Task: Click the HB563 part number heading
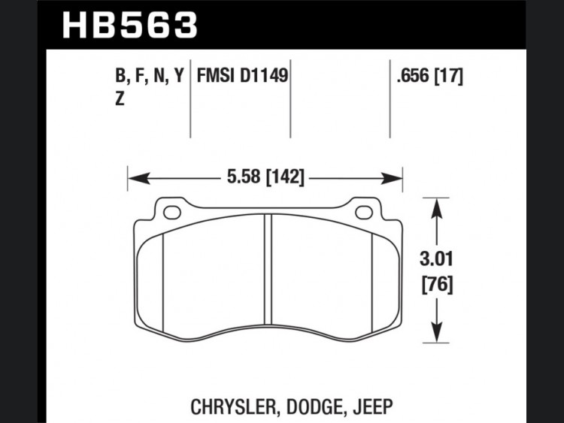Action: (x=130, y=25)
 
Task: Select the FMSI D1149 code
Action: (x=242, y=76)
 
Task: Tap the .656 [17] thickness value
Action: (x=430, y=76)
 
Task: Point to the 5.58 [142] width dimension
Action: (x=265, y=177)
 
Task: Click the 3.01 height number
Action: (x=436, y=259)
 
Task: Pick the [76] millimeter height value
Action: (x=437, y=285)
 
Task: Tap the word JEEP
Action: (x=373, y=406)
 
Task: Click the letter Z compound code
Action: (x=120, y=98)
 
